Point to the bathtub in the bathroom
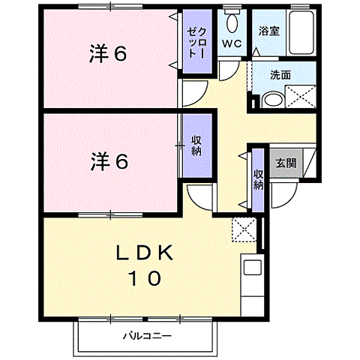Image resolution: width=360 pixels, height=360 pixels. point(299,31)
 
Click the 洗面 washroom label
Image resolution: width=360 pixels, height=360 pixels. point(281,76)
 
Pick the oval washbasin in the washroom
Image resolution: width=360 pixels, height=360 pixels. point(273,99)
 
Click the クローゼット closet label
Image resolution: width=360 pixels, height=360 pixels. point(199,43)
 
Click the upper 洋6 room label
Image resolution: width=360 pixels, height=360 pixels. point(109,53)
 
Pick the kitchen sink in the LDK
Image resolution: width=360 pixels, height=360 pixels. point(250,267)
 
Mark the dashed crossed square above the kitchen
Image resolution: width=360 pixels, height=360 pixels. point(244,227)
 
